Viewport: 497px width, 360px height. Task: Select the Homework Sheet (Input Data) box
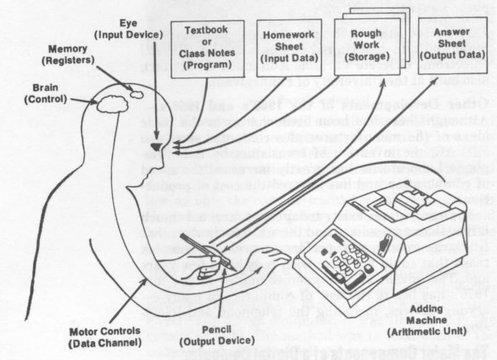(x=289, y=47)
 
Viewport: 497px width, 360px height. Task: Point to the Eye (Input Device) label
(x=128, y=29)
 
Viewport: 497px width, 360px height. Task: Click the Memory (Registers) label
(x=68, y=54)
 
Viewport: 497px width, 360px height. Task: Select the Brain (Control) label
(x=45, y=93)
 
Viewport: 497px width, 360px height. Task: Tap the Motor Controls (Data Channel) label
(x=105, y=337)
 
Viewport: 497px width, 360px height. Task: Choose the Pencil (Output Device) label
(x=217, y=335)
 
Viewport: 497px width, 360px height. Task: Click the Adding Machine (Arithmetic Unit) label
(x=426, y=320)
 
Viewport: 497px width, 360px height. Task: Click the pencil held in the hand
(x=207, y=252)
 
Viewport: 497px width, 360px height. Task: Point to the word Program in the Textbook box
(x=207, y=65)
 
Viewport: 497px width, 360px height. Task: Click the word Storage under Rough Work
(x=367, y=57)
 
